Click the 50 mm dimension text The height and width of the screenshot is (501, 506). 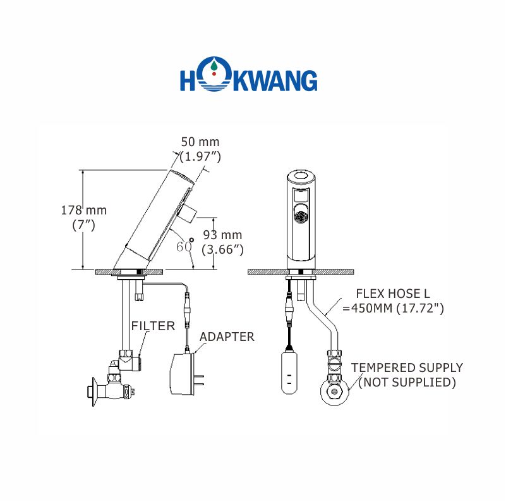pyautogui.click(x=200, y=142)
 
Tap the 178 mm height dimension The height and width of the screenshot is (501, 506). pyautogui.click(x=83, y=210)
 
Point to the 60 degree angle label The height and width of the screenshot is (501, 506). pyautogui.click(x=184, y=245)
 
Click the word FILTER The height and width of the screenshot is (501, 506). pyautogui.click(x=153, y=326)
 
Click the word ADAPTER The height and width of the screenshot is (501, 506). pyautogui.click(x=227, y=337)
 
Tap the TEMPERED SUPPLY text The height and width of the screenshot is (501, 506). pyautogui.click(x=407, y=368)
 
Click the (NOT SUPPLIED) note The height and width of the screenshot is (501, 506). pyautogui.click(x=407, y=382)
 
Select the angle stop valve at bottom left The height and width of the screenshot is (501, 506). pyautogui.click(x=112, y=387)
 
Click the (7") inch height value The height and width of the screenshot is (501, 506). pyautogui.click(x=83, y=225)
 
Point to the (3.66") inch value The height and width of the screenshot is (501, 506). pyautogui.click(x=223, y=250)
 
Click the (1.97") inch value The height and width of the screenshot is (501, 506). pyautogui.click(x=200, y=156)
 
